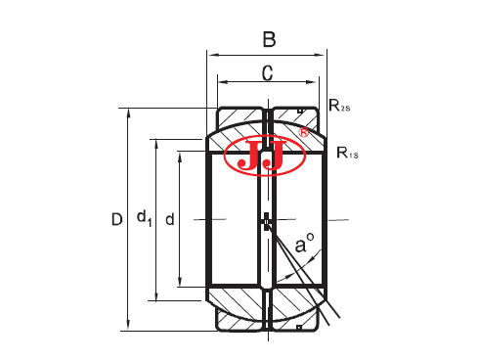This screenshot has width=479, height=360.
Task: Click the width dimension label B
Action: click(269, 40)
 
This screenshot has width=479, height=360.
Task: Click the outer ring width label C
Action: click(267, 72)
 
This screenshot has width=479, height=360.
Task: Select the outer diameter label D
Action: click(116, 220)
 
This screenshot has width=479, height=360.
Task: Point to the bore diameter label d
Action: click(170, 219)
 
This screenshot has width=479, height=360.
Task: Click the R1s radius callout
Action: click(349, 152)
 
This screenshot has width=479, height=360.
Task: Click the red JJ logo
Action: click(267, 156)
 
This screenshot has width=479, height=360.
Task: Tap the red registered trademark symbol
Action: click(303, 131)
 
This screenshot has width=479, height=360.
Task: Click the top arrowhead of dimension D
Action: click(129, 112)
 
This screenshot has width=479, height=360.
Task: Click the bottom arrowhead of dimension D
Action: click(129, 326)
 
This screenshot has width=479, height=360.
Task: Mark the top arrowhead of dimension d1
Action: click(154, 143)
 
